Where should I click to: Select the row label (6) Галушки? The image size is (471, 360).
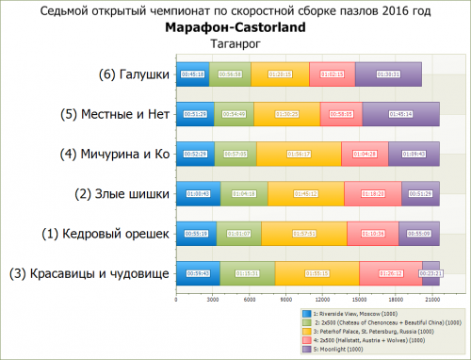click(134, 74)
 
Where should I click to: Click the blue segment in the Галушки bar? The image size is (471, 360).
click(192, 74)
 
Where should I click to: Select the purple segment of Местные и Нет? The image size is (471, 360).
click(400, 114)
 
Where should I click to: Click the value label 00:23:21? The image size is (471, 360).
click(430, 274)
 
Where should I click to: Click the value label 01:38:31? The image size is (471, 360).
click(388, 74)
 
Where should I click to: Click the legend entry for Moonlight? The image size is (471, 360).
click(335, 348)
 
